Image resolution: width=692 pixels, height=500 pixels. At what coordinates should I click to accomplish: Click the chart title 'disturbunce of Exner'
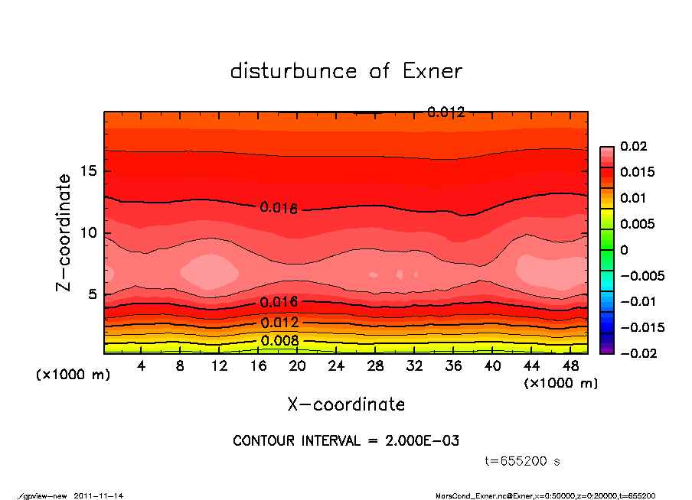click(x=346, y=71)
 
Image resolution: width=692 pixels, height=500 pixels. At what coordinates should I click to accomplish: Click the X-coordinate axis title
click(x=346, y=404)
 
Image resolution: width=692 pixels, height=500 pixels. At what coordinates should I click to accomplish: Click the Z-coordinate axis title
click(x=64, y=232)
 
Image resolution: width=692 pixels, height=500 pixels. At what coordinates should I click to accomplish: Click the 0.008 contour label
click(x=275, y=341)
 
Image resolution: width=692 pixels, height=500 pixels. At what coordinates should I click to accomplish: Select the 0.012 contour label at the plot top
click(x=446, y=112)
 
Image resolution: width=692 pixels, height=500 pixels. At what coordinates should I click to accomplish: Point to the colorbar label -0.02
click(x=638, y=353)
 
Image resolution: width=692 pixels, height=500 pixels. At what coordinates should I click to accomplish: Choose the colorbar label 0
click(x=624, y=250)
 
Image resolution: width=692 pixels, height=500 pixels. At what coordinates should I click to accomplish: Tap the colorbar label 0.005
click(x=638, y=224)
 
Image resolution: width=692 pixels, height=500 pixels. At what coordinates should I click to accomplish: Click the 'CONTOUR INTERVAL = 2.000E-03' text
click(x=346, y=441)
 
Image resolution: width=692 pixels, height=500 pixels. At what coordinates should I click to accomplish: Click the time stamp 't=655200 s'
click(x=523, y=461)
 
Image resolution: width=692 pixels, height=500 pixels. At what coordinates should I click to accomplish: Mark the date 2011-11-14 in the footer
click(x=99, y=495)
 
